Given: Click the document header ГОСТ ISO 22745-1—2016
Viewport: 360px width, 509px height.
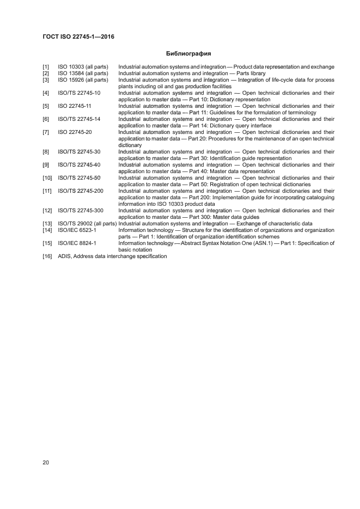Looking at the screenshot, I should (x=78, y=37).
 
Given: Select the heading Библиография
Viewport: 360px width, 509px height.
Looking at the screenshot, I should (x=188, y=54).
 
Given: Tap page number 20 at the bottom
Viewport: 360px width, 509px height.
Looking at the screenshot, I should (x=46, y=463).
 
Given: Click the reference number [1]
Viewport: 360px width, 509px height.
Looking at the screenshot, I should (x=46, y=67).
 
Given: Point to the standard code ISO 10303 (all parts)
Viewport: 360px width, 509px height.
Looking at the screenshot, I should (x=83, y=67).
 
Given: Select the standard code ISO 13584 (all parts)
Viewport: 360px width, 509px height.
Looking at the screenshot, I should (x=83, y=73).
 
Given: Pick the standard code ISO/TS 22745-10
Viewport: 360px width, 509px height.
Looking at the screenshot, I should (x=79, y=93).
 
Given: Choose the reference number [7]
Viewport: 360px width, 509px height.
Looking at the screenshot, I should (x=46, y=132).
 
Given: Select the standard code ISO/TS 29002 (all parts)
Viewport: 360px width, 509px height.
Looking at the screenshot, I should (x=87, y=224).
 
